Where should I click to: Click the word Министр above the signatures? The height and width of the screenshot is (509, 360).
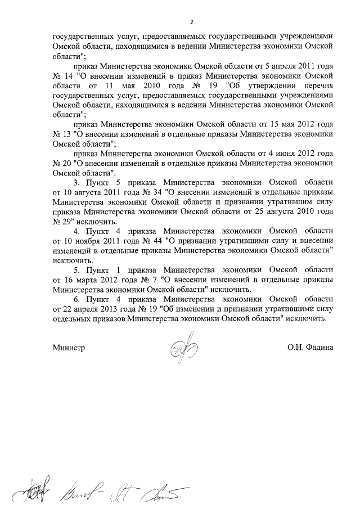coord(69,348)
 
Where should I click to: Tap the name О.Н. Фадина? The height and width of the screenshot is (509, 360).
coord(310,348)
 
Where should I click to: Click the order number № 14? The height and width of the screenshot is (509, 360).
coord(62,75)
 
